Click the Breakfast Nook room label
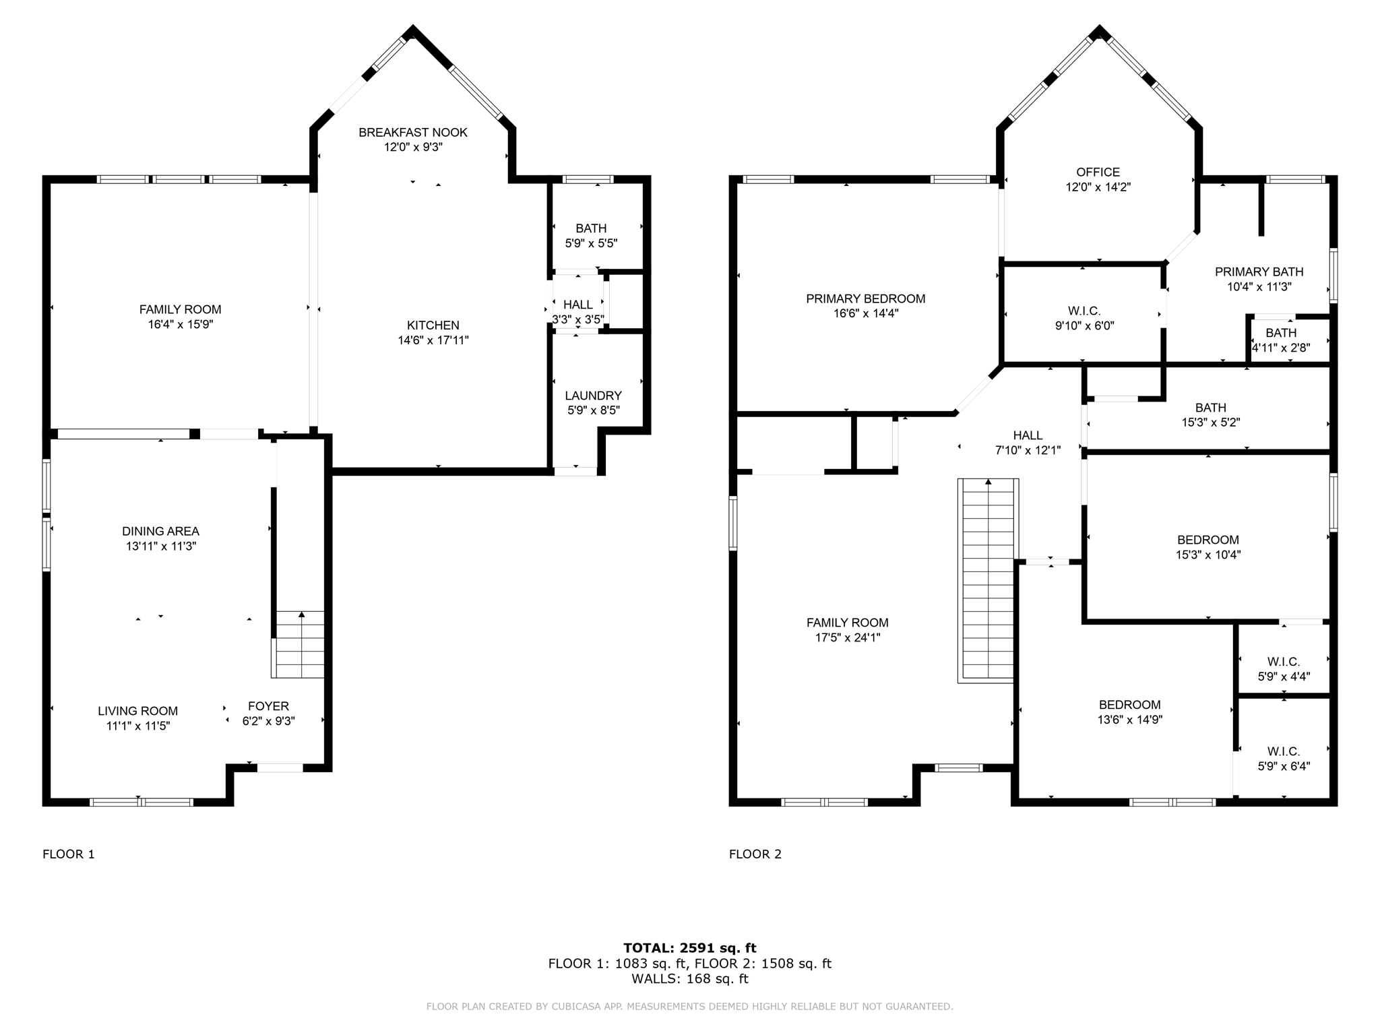pyautogui.click(x=412, y=133)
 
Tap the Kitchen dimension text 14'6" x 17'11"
pyautogui.click(x=433, y=340)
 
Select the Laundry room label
pyautogui.click(x=593, y=396)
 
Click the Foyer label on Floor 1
pyautogui.click(x=268, y=706)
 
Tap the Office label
pyautogui.click(x=1098, y=172)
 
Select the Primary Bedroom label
pyautogui.click(x=865, y=299)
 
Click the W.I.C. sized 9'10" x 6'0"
pyautogui.click(x=1084, y=318)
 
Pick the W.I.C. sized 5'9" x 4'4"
pyautogui.click(x=1283, y=668)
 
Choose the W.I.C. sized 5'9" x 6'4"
pyautogui.click(x=1283, y=758)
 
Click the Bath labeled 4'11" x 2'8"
pyautogui.click(x=1280, y=340)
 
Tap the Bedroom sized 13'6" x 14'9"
pyautogui.click(x=1129, y=712)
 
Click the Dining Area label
pyautogui.click(x=160, y=532)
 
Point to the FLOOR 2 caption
pyautogui.click(x=755, y=854)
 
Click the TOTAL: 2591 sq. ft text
pyautogui.click(x=689, y=948)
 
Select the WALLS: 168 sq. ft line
pyautogui.click(x=689, y=978)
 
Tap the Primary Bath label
pyautogui.click(x=1259, y=272)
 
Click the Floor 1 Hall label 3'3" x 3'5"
pyautogui.click(x=577, y=312)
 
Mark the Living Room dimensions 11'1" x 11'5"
pyautogui.click(x=137, y=726)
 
